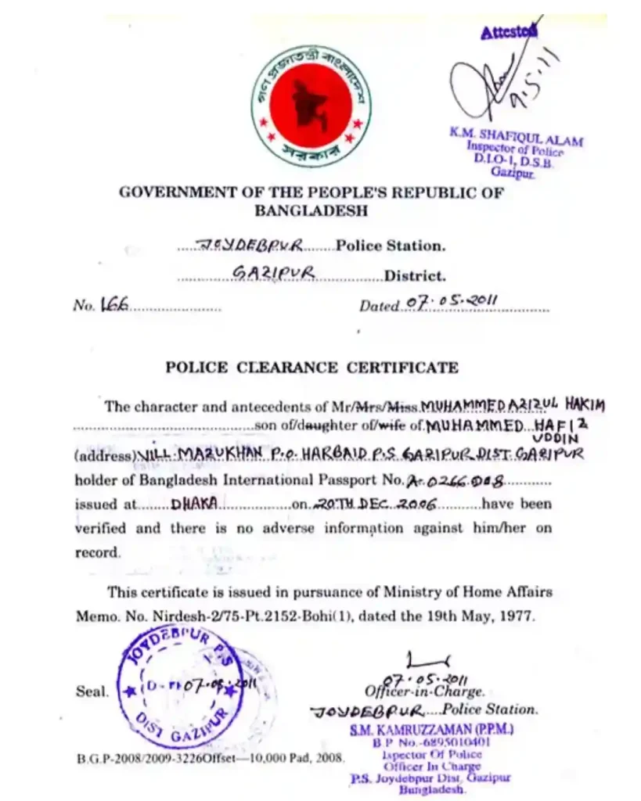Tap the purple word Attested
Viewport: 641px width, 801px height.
click(x=509, y=32)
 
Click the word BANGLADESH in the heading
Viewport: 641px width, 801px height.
click(x=311, y=210)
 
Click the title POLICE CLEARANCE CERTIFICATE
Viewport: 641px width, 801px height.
click(x=311, y=367)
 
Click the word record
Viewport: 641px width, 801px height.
click(x=98, y=552)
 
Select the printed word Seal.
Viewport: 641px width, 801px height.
click(x=92, y=691)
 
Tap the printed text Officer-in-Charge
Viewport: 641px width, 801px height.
click(x=424, y=691)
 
